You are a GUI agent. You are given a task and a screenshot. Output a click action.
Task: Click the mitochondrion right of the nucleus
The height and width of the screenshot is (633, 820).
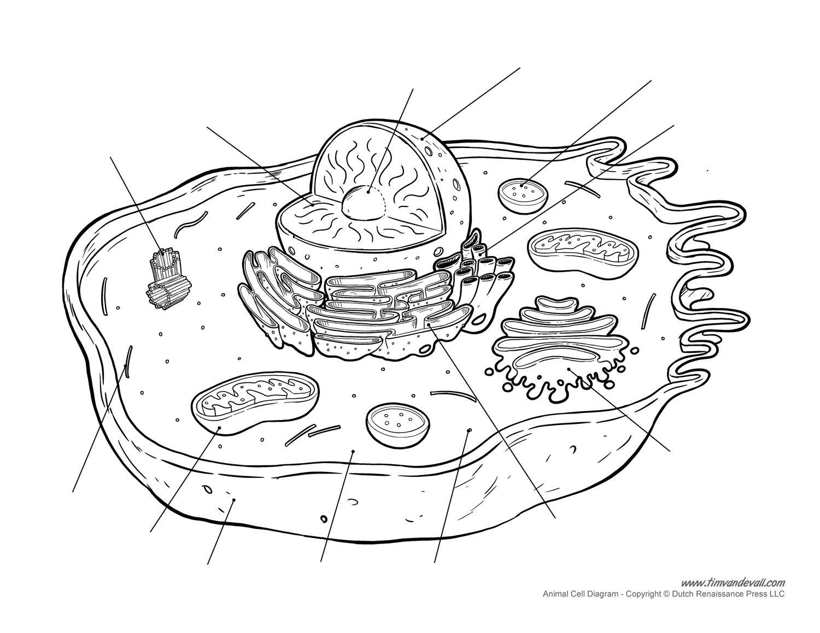[583, 253]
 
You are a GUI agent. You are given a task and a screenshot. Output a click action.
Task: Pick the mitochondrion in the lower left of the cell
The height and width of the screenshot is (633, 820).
[255, 403]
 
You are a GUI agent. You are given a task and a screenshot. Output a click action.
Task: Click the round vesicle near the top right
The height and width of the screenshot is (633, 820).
[523, 197]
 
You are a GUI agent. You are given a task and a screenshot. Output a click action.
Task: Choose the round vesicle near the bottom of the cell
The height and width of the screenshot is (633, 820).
[398, 425]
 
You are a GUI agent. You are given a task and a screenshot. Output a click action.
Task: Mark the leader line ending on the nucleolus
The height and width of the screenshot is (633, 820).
[390, 140]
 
